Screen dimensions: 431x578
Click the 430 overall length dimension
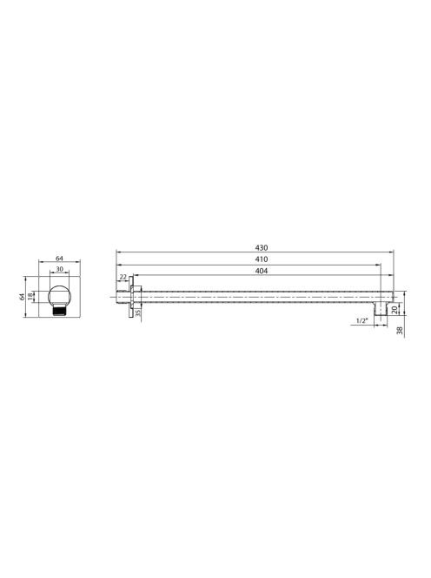coord(262,248)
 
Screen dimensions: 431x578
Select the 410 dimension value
coord(262,259)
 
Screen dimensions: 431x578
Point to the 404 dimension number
coord(262,271)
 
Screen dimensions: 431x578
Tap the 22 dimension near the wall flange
coord(123,277)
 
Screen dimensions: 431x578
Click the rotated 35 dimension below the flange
coord(138,313)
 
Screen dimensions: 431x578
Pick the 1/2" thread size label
coord(362,320)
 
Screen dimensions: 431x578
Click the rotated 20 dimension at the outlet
coord(395,310)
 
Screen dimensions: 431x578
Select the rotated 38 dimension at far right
coord(401,331)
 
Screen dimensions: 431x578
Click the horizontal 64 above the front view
coord(59,259)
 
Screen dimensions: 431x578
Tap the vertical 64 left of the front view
coord(22,296)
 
